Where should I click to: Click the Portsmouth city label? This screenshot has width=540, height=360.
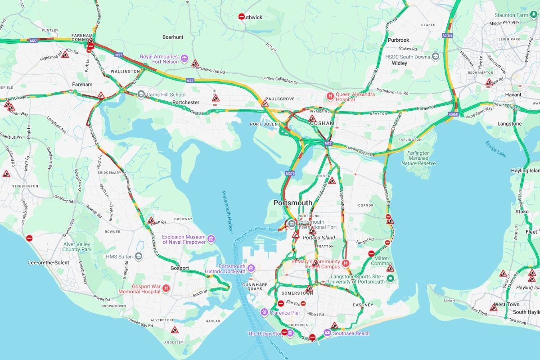pos(292,203)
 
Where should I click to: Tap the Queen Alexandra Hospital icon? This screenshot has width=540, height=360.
pos(330,96)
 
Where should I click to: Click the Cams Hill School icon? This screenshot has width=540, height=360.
pos(141,94)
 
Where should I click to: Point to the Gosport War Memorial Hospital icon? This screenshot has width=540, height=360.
pos(166,288)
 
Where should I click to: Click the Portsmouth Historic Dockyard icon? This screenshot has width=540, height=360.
pos(251,269)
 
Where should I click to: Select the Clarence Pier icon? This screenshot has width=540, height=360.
pos(265,312)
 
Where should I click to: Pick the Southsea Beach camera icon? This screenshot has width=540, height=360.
pos(327,333)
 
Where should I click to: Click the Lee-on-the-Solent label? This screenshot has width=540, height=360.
pos(49,262)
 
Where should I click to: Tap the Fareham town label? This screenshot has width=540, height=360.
pos(82,84)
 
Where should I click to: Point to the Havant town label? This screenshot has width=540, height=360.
pos(513,94)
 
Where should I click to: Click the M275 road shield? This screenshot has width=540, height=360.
pos(290,173)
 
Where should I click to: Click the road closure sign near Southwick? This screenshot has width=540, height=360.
pos(242,17)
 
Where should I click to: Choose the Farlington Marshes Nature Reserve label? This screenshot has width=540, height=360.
pos(418,158)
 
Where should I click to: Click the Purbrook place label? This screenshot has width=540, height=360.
pos(398,40)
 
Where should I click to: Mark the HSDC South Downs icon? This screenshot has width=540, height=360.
pos(435,57)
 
